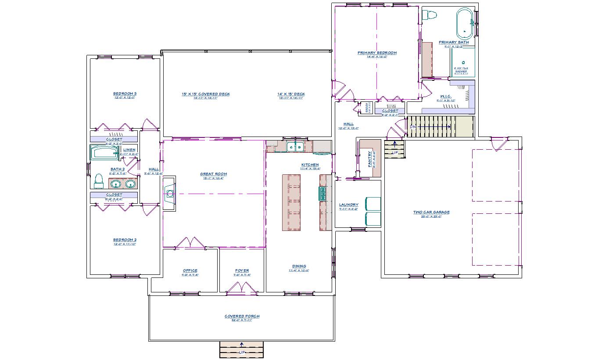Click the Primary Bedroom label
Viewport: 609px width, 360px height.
coord(377,53)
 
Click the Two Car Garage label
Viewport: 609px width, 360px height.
coord(431,212)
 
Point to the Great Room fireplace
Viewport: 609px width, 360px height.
coord(169,193)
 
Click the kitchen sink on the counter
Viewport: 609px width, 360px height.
coord(294,147)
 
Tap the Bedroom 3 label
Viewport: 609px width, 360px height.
coord(125,94)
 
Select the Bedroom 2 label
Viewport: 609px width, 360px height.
coord(125,240)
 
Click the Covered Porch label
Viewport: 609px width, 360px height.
coord(242,316)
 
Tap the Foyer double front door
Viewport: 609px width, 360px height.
coord(241,289)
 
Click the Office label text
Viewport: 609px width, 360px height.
coord(190,270)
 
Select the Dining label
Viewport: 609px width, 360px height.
coord(299,266)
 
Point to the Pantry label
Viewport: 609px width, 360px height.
coord(370,159)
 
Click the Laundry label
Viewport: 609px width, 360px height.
coord(348,205)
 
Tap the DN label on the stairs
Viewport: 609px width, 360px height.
coord(412,126)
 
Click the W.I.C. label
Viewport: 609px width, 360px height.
coord(446,96)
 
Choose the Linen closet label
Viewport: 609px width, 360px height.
coord(129,150)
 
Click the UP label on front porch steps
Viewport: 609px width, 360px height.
coord(242,353)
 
